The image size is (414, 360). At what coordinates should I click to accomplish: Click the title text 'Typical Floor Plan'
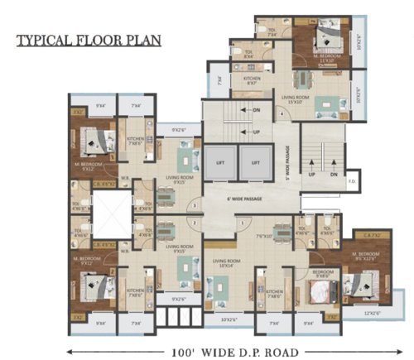coord(88,39)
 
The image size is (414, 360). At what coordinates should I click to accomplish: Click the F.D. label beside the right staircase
coord(351,180)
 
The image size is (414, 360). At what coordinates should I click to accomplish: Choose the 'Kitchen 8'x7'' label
coord(252,80)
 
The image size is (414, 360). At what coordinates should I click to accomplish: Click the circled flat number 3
coord(194,204)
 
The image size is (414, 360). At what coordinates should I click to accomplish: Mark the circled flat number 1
coord(236,223)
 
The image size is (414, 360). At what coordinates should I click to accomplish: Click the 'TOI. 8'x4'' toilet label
coord(248,55)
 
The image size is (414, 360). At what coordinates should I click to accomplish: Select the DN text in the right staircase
coord(333,175)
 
